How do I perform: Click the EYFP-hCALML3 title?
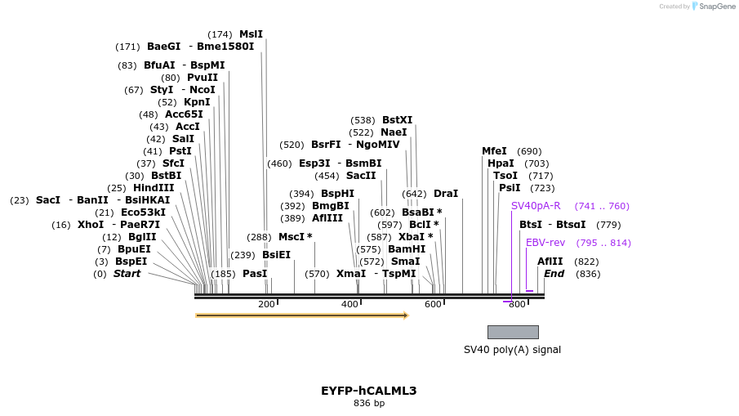(x=368, y=391)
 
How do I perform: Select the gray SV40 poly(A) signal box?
(x=513, y=332)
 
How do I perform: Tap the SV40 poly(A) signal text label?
(x=512, y=350)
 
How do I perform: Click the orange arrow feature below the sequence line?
(x=301, y=315)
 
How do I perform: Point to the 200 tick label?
(x=266, y=305)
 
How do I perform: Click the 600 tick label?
(x=433, y=305)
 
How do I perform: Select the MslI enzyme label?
(x=251, y=34)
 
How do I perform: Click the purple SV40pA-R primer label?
(x=536, y=206)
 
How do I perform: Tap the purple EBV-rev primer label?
(x=545, y=243)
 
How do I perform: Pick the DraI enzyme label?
(x=446, y=194)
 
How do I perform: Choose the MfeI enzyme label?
(x=494, y=151)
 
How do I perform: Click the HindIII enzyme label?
(x=154, y=188)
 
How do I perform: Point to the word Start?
(x=127, y=274)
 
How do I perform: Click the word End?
(x=554, y=274)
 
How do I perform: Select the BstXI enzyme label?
(x=397, y=120)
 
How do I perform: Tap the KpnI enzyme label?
(x=197, y=102)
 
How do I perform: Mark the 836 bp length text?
(x=368, y=404)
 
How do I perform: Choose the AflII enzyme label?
(x=550, y=262)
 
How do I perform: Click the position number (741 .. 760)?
(x=602, y=206)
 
